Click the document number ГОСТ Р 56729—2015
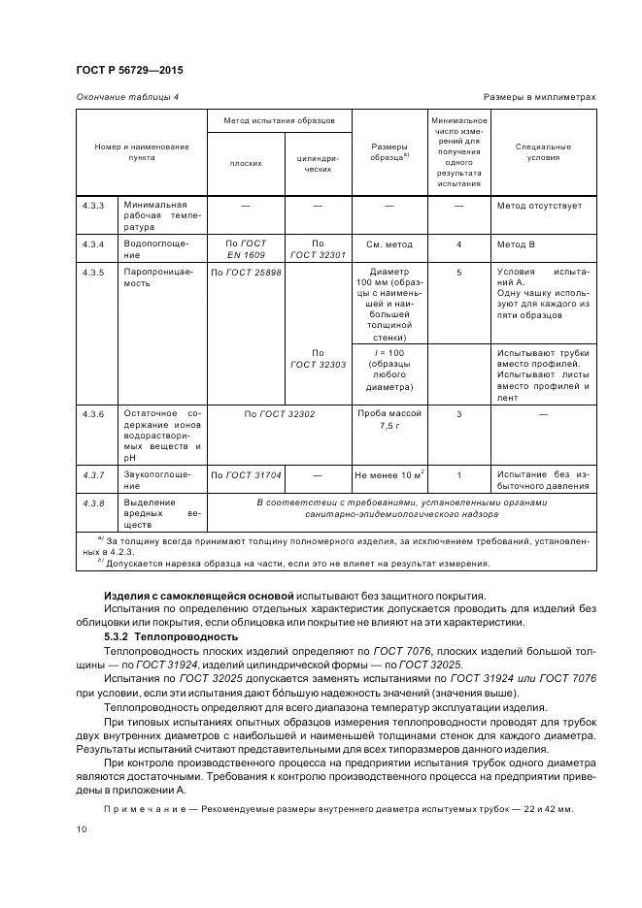(x=129, y=71)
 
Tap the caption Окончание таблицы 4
(x=127, y=97)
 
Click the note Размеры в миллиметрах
(x=539, y=97)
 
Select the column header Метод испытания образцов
(x=279, y=121)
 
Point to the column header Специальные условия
(x=543, y=152)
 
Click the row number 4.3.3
(x=93, y=206)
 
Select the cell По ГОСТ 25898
(x=246, y=273)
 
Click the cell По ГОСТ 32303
(x=318, y=359)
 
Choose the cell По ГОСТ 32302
(x=280, y=413)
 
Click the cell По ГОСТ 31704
(x=246, y=475)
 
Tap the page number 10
(x=82, y=830)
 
